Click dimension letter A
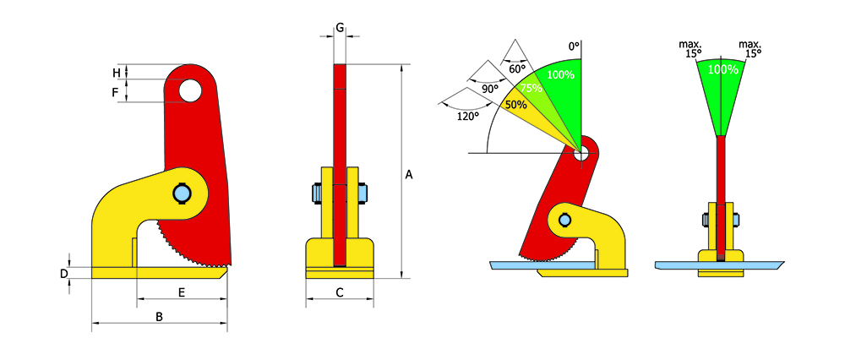click(x=409, y=175)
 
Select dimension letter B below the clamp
click(x=159, y=317)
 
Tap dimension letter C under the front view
click(x=340, y=292)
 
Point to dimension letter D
click(x=63, y=274)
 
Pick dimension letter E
click(x=182, y=292)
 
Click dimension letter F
click(x=115, y=92)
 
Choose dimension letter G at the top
click(x=340, y=26)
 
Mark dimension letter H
click(x=116, y=72)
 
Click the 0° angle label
click(x=574, y=46)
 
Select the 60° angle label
click(x=517, y=68)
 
